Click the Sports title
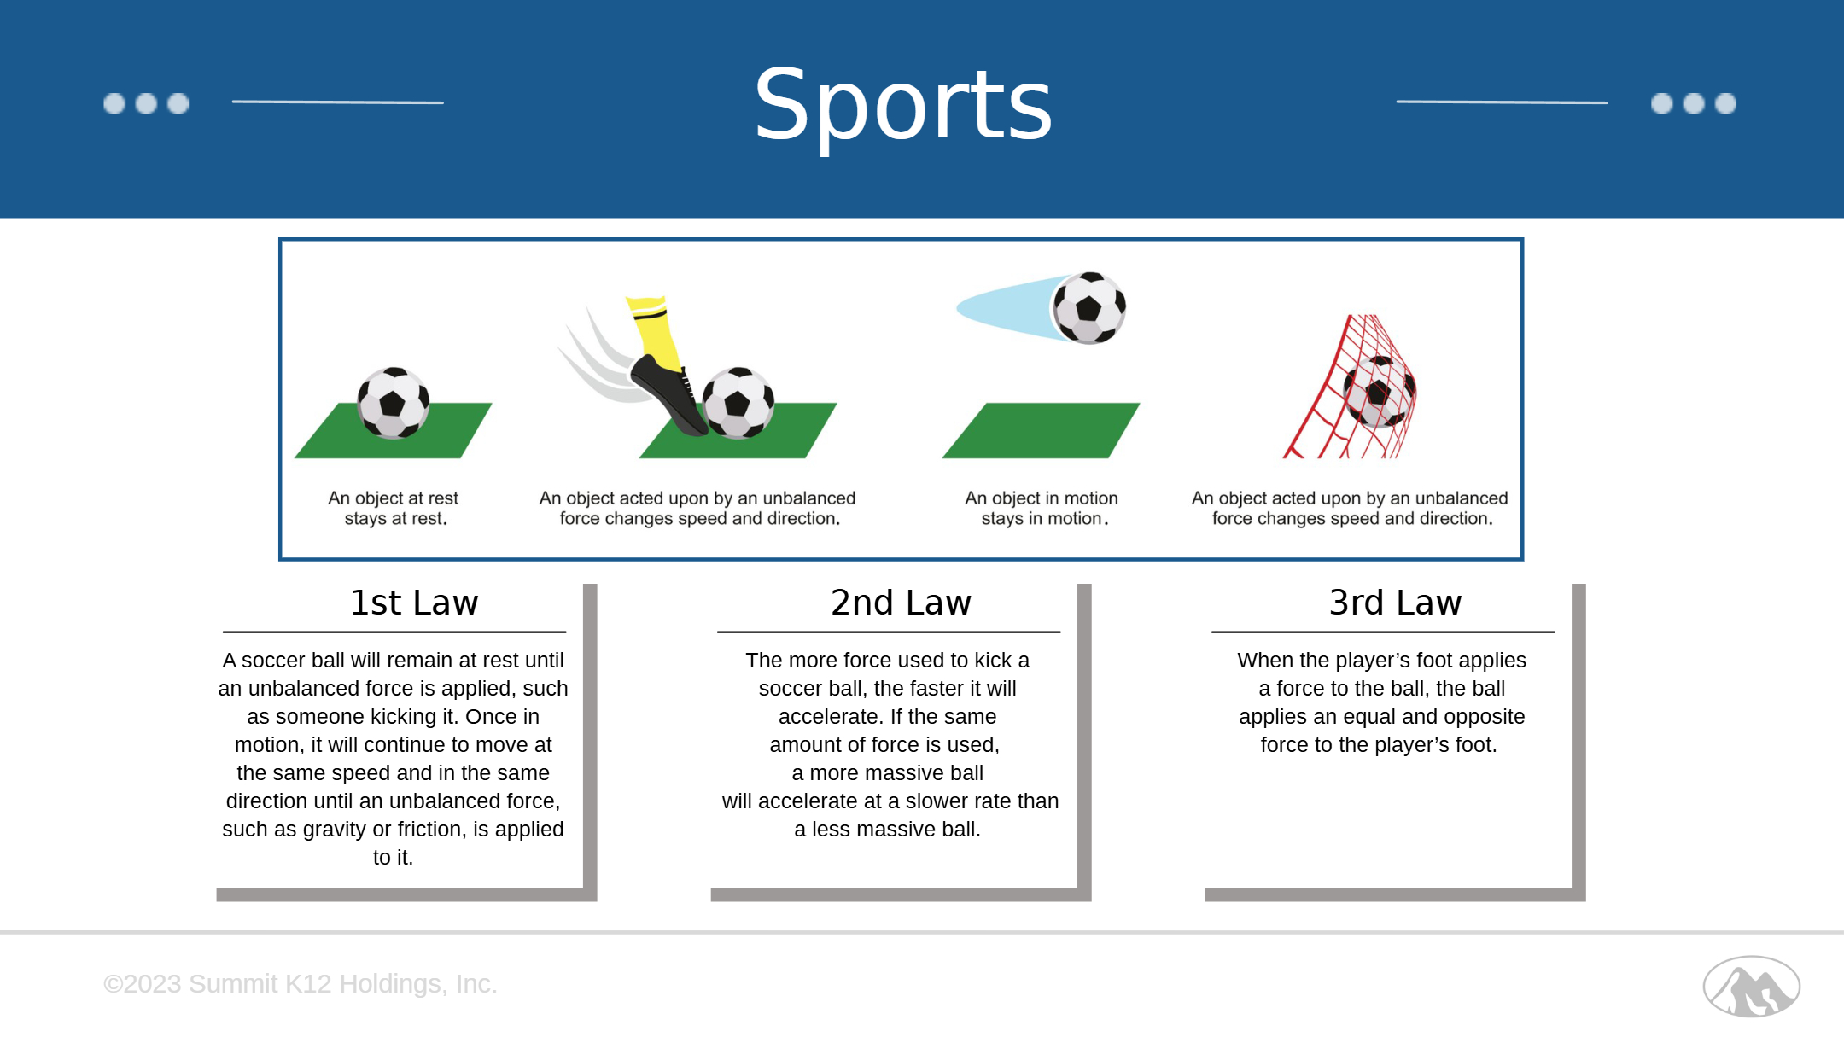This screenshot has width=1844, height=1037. pos(903,106)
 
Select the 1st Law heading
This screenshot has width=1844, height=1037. pos(414,603)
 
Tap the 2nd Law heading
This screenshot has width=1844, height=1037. pos(901,603)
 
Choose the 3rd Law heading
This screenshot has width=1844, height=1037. pos(1395,603)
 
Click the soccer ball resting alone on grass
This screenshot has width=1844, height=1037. pos(393,403)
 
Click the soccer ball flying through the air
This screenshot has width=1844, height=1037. pos(1089,308)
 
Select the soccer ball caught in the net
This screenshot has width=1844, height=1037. pos(1378,392)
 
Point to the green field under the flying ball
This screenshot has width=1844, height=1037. pos(1041,430)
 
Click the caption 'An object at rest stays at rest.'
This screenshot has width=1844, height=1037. pos(394,508)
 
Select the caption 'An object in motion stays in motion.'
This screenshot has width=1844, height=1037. pos(1042,508)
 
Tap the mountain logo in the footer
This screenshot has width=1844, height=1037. pos(1751,986)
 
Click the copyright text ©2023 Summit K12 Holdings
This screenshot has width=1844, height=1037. pos(300,983)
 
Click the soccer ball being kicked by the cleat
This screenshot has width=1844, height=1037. pos(738,403)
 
